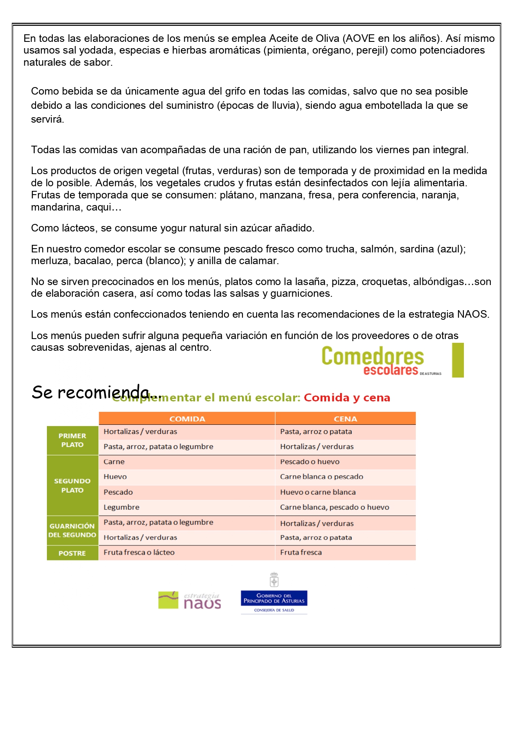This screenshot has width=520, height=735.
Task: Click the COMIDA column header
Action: (x=187, y=419)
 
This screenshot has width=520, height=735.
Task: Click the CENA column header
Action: (x=345, y=419)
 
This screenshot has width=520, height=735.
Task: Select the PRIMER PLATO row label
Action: (x=72, y=440)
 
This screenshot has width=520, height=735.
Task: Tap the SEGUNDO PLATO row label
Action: (x=72, y=486)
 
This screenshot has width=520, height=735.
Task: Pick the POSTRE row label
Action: (x=72, y=553)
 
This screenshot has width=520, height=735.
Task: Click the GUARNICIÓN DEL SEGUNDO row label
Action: (x=72, y=530)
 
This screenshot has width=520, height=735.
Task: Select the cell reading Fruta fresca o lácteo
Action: (x=139, y=553)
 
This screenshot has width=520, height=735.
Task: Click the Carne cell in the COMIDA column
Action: (x=114, y=462)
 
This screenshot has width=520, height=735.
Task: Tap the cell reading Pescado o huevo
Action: (x=310, y=462)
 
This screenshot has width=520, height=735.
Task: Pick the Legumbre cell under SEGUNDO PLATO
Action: (x=121, y=507)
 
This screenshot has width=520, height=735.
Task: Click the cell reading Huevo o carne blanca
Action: (x=318, y=492)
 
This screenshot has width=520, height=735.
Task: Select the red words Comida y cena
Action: (x=347, y=398)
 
